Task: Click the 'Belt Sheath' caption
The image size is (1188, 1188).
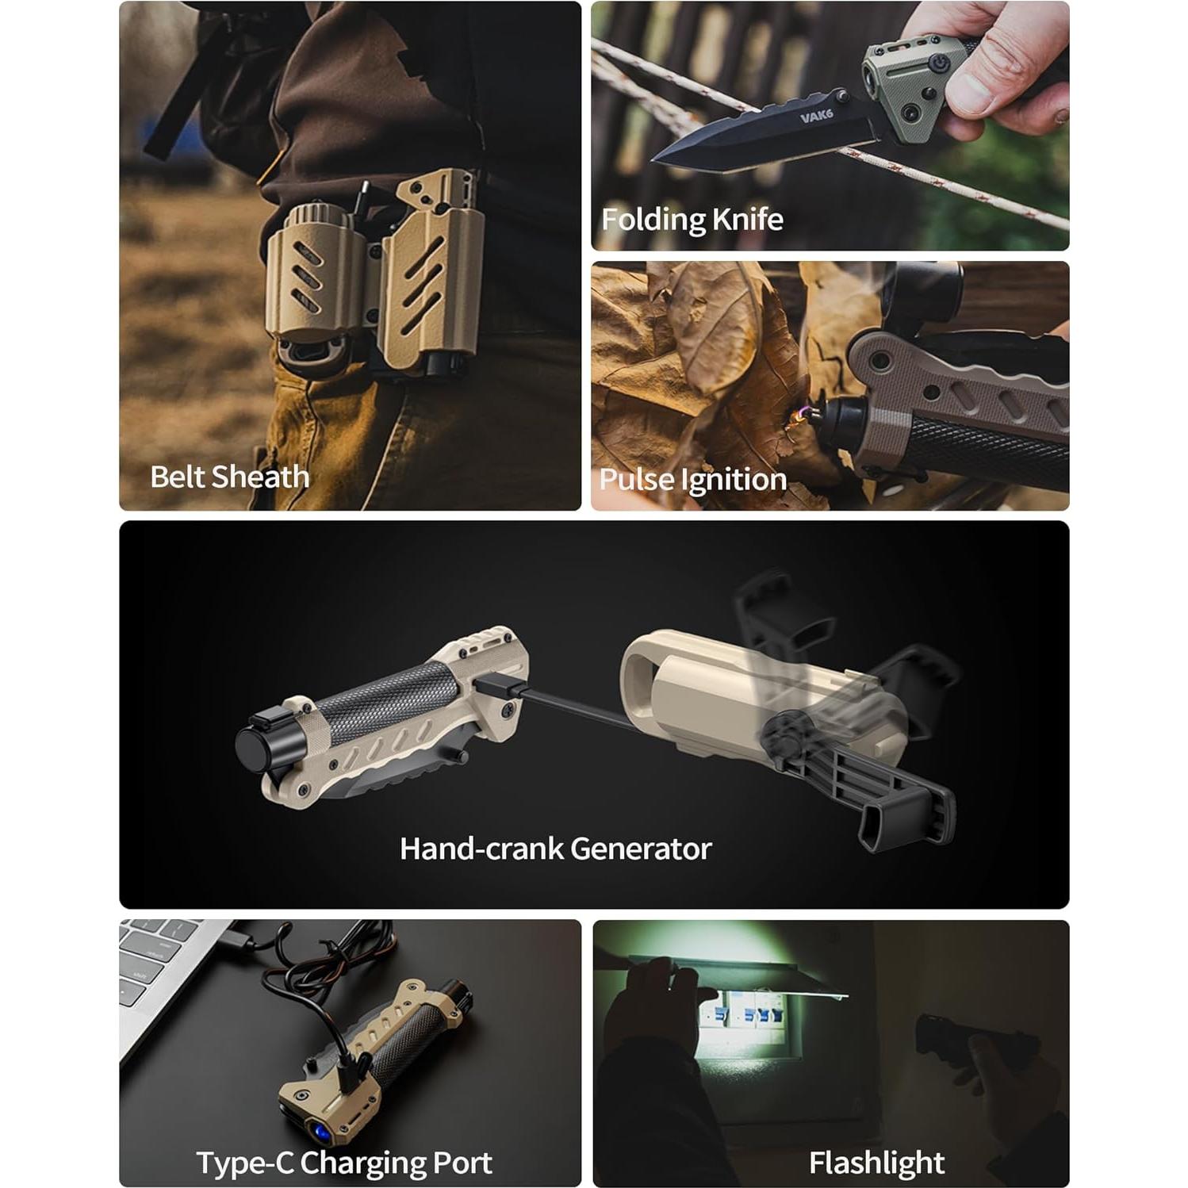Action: click(x=229, y=477)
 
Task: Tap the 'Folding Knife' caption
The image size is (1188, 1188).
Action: click(x=692, y=219)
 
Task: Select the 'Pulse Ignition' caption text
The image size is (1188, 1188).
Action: click(x=692, y=479)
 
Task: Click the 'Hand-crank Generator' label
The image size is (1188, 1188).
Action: click(x=555, y=849)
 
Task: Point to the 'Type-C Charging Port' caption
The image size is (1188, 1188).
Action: click(x=343, y=1163)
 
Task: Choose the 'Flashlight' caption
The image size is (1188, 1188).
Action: click(x=876, y=1163)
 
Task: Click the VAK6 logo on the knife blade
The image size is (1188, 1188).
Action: click(x=816, y=116)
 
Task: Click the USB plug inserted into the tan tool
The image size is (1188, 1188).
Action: click(x=498, y=686)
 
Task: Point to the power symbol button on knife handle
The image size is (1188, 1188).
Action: click(x=937, y=64)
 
